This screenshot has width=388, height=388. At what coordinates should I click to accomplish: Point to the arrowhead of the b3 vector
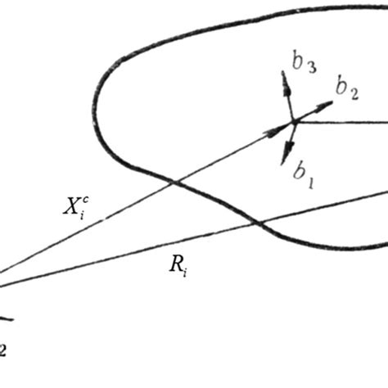(x=284, y=77)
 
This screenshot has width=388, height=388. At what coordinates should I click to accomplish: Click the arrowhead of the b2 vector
(x=328, y=104)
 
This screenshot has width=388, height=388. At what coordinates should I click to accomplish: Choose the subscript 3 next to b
(x=311, y=68)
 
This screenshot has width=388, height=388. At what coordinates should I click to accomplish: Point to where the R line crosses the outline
(x=259, y=223)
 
